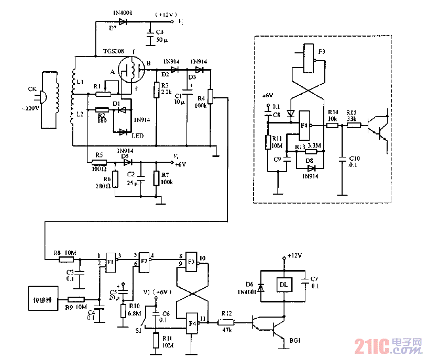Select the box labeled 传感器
[42, 300]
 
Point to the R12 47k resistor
[226, 324]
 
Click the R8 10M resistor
[66, 259]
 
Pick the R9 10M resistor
[76, 299]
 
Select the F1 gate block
[111, 261]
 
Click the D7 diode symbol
[123, 21]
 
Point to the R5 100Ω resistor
[98, 162]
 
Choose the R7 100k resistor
[156, 178]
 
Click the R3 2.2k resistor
[156, 91]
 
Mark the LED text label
[138, 136]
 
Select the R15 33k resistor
[354, 126]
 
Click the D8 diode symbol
[312, 168]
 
